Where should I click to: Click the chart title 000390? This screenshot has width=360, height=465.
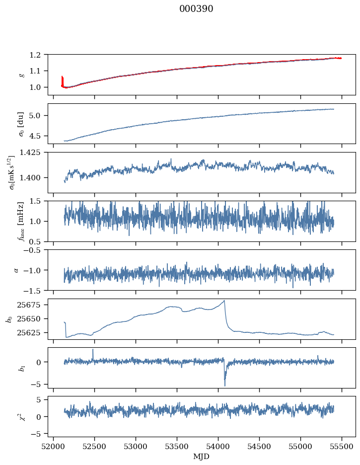tap(196, 9)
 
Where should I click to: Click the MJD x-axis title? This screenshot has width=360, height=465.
tap(202, 457)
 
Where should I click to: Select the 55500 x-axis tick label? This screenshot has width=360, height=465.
tap(342, 447)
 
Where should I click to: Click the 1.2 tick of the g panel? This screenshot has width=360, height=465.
tap(39, 55)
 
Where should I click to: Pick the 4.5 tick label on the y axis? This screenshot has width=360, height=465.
tap(39, 136)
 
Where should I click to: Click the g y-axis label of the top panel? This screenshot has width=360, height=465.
tap(21, 75)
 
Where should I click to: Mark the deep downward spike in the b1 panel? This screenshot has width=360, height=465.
tap(224, 385)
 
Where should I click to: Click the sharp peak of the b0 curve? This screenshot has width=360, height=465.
tap(224, 301)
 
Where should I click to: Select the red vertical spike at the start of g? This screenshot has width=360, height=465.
tap(62, 79)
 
